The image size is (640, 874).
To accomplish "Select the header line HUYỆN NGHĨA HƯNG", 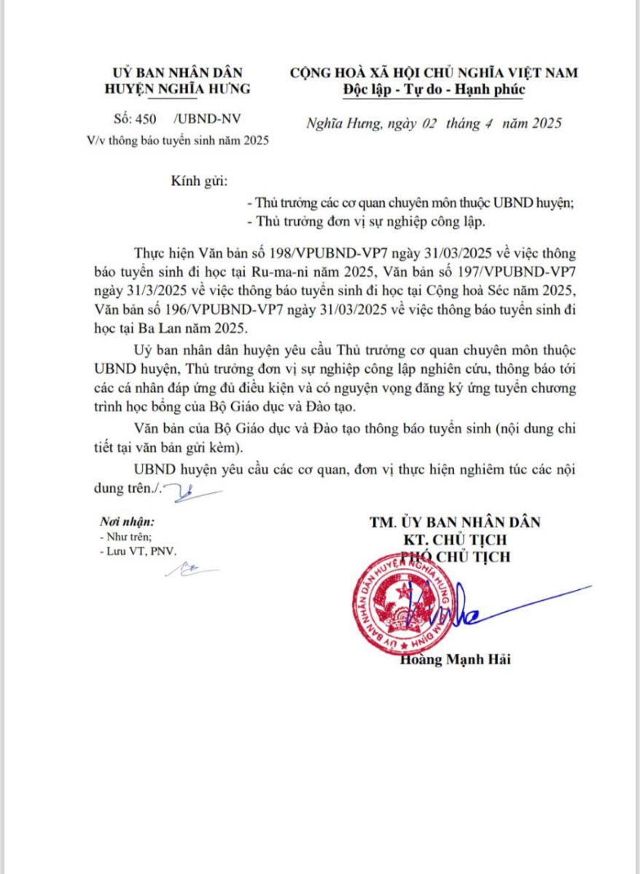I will click(x=178, y=89).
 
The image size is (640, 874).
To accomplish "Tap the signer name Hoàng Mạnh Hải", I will click(x=456, y=660).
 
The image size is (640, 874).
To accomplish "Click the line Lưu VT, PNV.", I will click(x=140, y=552).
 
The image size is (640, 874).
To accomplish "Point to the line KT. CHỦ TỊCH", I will click(x=455, y=540).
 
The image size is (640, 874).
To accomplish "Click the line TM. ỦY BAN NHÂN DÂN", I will click(x=455, y=521).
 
